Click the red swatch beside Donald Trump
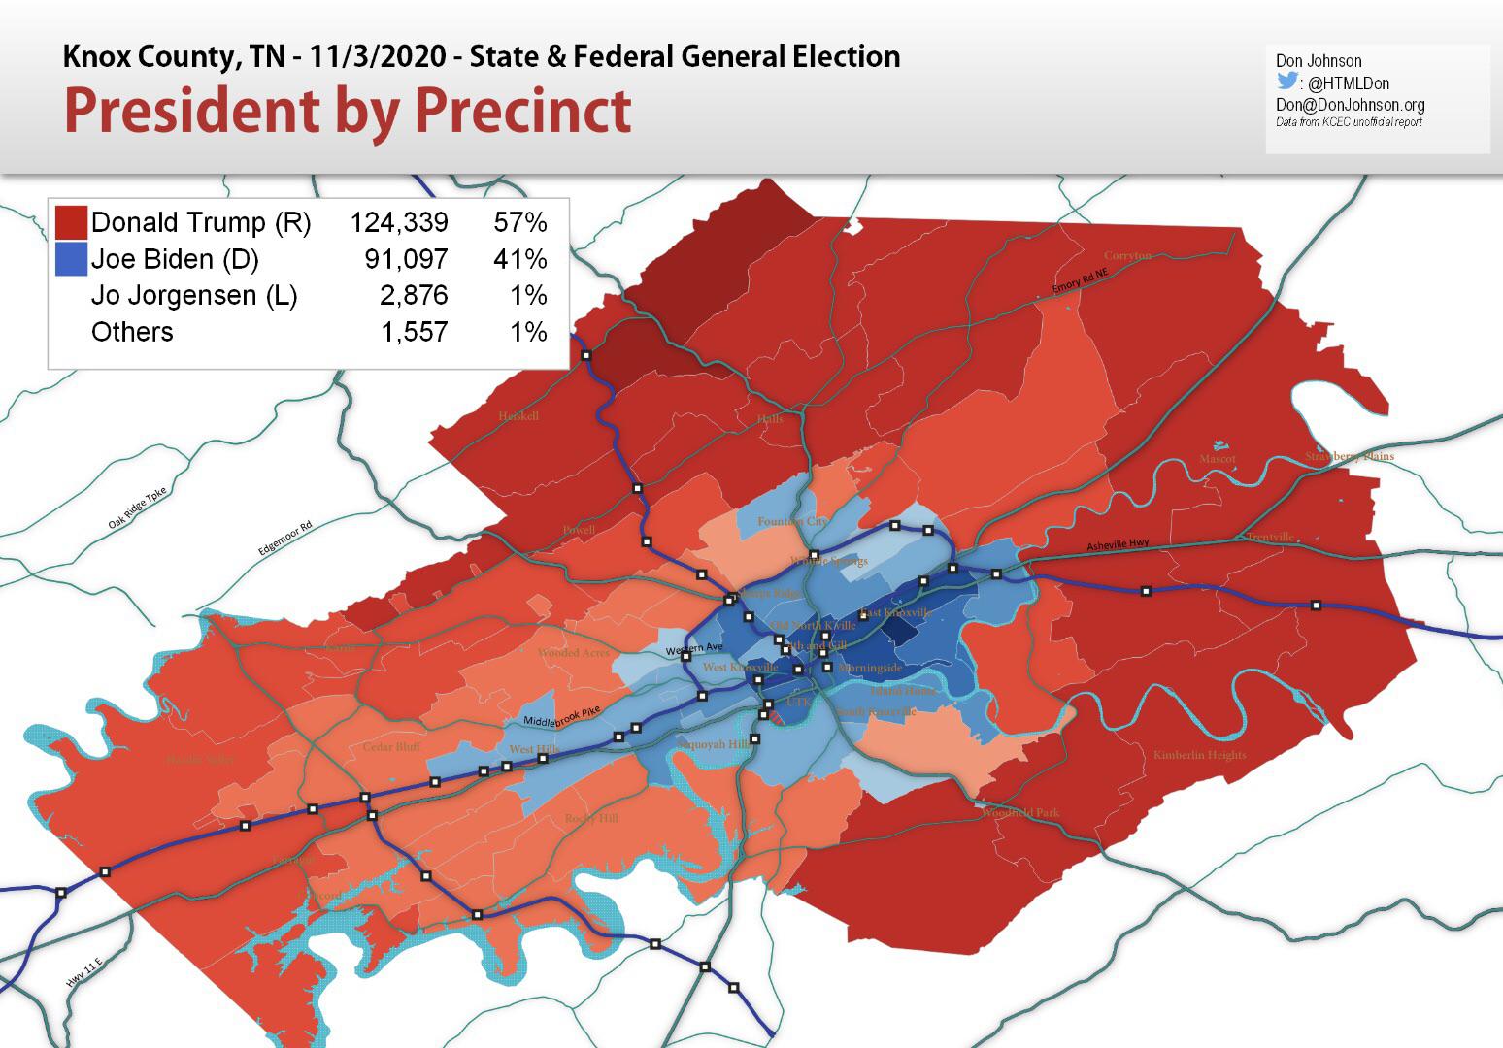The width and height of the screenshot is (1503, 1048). click(x=71, y=222)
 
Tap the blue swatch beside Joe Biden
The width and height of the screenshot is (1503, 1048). click(x=71, y=259)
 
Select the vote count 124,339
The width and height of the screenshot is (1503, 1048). click(x=399, y=223)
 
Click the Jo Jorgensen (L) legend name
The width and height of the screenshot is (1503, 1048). click(x=194, y=296)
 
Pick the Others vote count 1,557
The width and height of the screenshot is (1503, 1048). click(x=415, y=333)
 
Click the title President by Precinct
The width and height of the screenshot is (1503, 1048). click(x=348, y=110)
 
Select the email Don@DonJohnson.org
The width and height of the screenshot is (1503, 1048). click(x=1350, y=104)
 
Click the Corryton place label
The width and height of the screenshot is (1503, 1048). click(x=1127, y=255)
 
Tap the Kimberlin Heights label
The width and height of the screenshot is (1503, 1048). click(x=1199, y=755)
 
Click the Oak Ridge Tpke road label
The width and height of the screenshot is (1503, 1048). click(x=138, y=508)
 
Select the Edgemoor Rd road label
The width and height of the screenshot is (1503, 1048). click(x=284, y=538)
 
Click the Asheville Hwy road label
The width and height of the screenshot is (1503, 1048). click(x=1119, y=545)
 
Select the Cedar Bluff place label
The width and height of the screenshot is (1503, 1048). click(x=391, y=747)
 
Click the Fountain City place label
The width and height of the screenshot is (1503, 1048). click(x=792, y=522)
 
